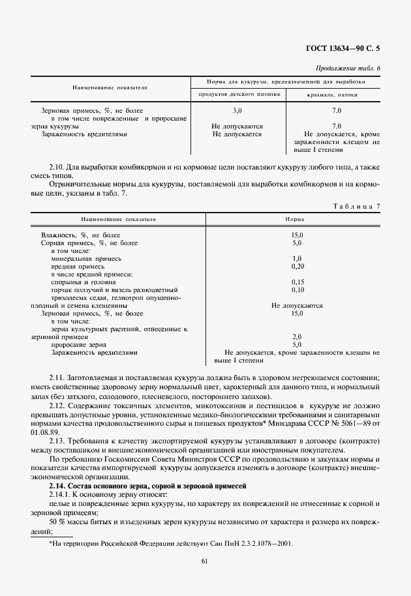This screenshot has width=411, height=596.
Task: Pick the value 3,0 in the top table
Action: (237, 111)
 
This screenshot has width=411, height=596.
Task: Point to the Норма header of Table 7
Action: (296, 220)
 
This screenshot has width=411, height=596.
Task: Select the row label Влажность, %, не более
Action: (81, 235)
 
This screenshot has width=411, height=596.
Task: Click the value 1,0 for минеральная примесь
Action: (297, 258)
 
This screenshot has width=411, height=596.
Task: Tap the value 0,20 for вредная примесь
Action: (297, 266)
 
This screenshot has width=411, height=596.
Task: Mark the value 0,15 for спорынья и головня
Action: (297, 282)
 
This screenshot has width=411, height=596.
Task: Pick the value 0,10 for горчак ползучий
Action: (297, 290)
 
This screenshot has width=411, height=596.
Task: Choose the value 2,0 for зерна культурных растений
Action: (297, 336)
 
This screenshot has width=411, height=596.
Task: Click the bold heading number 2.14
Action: (57, 486)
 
